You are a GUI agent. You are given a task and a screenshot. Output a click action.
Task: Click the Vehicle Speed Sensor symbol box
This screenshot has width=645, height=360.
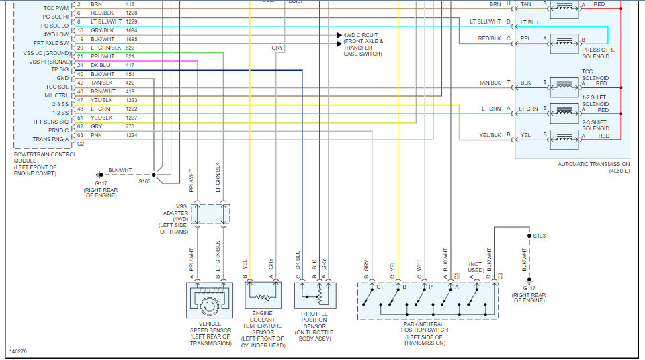click(210, 300)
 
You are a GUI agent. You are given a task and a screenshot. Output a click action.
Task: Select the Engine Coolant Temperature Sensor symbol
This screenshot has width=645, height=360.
click(263, 295)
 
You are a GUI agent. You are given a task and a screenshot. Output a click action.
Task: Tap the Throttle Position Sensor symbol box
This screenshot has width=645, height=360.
click(315, 295)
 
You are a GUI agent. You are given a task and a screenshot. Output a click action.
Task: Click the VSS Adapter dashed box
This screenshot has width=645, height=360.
click(210, 214)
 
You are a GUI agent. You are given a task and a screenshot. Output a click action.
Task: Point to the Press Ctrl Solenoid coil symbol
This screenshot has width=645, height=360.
click(564, 43)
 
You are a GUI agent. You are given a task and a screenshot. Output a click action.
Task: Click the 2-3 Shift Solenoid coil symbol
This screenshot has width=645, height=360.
click(564, 139)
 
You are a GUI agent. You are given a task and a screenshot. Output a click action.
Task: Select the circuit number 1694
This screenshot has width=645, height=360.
click(132, 30)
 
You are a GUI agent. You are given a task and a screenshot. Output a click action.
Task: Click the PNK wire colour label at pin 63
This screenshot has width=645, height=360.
click(96, 135)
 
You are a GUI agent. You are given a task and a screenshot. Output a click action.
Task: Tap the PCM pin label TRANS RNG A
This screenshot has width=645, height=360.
click(50, 139)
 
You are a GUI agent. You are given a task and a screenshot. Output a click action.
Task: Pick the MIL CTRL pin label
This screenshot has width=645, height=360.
click(56, 95)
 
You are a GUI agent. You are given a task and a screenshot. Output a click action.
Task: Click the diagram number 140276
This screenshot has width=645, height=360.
click(18, 351)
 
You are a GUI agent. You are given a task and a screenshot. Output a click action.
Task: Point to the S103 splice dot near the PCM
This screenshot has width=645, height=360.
click(154, 175)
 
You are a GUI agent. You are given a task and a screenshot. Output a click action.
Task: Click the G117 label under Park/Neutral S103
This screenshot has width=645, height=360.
click(529, 288)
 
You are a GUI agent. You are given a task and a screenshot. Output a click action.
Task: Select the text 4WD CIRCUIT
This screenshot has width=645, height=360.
click(360, 35)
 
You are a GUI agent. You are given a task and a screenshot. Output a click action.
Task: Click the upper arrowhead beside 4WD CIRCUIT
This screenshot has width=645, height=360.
click(339, 35)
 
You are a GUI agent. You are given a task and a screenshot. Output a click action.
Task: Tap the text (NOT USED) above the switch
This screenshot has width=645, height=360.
click(476, 267)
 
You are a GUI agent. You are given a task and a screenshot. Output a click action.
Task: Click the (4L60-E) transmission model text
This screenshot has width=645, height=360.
click(619, 171)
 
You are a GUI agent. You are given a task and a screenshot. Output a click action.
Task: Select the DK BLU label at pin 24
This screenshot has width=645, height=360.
click(100, 65)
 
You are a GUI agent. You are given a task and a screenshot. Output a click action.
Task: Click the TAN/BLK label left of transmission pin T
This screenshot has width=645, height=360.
click(490, 83)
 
